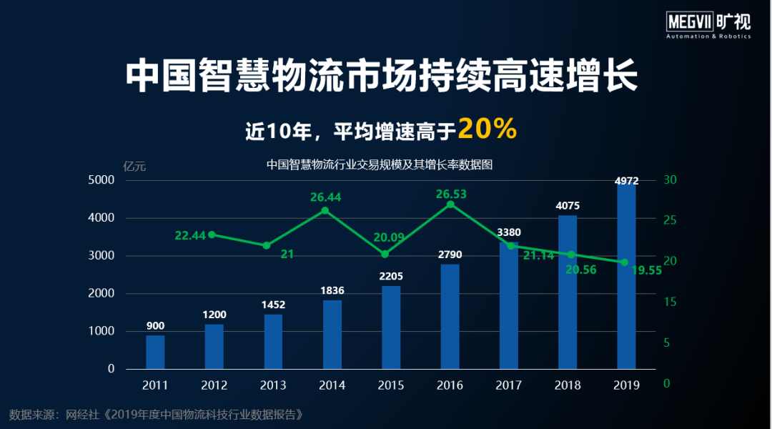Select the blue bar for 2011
coord(155,352)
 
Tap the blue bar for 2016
coord(450,316)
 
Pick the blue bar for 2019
coord(626,276)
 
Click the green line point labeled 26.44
coord(325,210)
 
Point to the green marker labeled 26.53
coord(450,204)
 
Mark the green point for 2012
coord(212,235)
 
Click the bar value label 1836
coord(332,290)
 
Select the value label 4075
coord(568,206)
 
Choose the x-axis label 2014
coord(332,385)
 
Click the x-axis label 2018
coord(568,385)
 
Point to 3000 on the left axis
coord(101,255)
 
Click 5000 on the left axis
coord(101,180)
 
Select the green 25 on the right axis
coord(669,220)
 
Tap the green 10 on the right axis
coord(669,342)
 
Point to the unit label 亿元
coord(134,166)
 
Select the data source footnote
coord(162,414)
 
